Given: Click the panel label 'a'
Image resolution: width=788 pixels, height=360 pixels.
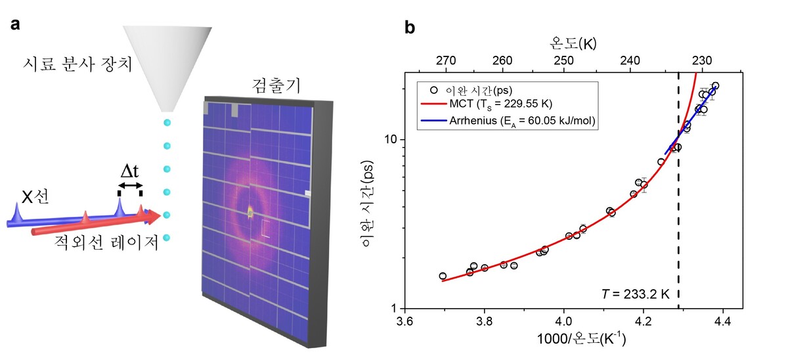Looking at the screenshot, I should click(15, 26).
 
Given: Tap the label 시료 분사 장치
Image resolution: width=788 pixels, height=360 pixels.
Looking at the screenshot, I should click(75, 64).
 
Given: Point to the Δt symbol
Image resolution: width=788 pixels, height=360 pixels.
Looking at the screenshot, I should click(129, 172).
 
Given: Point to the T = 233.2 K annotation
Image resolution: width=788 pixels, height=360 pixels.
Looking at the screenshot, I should click(636, 294).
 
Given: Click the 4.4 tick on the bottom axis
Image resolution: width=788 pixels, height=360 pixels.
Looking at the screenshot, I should click(722, 321).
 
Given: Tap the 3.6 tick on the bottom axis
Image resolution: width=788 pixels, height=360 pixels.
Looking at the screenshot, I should click(405, 321).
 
